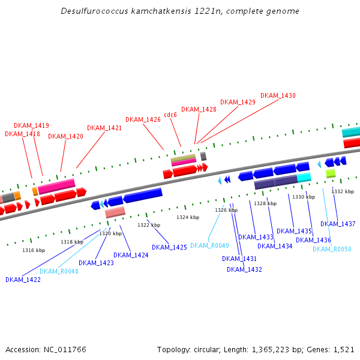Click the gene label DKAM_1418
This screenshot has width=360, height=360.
[x=22, y=134]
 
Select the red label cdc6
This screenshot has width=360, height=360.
[x=170, y=115]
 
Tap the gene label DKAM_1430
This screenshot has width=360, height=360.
[x=278, y=95]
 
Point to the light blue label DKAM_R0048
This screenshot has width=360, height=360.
[x=59, y=271]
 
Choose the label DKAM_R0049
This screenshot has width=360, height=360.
[x=209, y=245]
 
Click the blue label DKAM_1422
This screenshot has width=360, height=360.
[x=23, y=280]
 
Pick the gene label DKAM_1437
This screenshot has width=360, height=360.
[x=338, y=224]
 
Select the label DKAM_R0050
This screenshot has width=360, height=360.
[x=332, y=249]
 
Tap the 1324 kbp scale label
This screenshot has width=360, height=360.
[x=187, y=217]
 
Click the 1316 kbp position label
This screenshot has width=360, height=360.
[x=34, y=250]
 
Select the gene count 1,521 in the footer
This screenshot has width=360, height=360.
[x=343, y=349]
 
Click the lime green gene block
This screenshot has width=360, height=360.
[x=331, y=173]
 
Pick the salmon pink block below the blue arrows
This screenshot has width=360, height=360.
[x=115, y=212]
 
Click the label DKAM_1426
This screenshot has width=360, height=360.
[x=143, y=119]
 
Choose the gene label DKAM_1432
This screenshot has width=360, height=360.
[x=244, y=269]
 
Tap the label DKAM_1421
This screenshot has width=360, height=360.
[x=104, y=128]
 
